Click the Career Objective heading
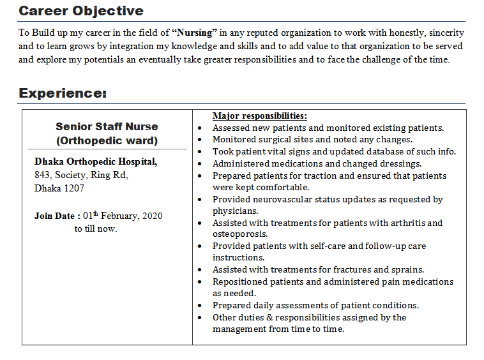pos(81,11)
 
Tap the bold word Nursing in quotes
pos(195,33)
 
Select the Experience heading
pos(63,93)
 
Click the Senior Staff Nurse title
pos(107,126)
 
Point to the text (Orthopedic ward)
pos(107,140)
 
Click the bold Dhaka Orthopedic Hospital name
pos(96,161)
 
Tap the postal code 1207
pos(74,188)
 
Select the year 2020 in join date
pos(152,216)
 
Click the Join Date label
pos(54,216)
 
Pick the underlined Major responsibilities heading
pos(260,116)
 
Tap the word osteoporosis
pos(240,234)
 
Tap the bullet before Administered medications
pos(200,164)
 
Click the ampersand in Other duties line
pos(269,318)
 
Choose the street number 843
pos(42,175)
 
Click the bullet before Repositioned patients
pos(200,282)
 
